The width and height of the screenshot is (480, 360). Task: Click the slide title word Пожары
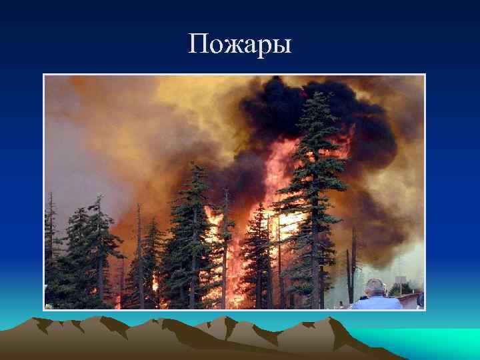[x=240, y=45]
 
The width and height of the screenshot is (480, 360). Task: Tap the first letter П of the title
[x=198, y=45]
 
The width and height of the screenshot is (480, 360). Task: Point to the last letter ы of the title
[x=281, y=47]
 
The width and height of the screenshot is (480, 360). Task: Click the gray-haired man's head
[x=375, y=287]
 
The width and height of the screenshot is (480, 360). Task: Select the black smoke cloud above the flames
[x=293, y=107]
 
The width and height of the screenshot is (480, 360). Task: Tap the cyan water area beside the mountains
[x=433, y=340]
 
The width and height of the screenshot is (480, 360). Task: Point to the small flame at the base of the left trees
[x=155, y=283]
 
